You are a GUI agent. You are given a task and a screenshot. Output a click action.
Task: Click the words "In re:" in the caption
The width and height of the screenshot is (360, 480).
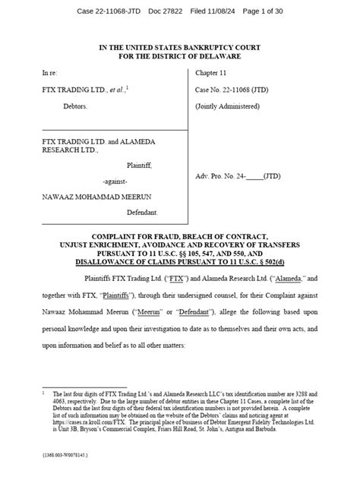[x=49, y=73]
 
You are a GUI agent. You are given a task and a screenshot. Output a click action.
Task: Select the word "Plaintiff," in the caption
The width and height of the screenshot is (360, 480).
[x=141, y=163]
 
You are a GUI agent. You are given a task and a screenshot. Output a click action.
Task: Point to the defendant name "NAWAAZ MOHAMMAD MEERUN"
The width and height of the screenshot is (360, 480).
[x=90, y=196]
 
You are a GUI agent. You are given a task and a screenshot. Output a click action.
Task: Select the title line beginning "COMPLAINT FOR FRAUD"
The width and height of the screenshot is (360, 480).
[x=179, y=237]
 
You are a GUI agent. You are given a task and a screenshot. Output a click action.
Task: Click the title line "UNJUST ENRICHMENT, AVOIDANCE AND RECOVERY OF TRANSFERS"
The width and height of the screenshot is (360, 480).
[x=179, y=245]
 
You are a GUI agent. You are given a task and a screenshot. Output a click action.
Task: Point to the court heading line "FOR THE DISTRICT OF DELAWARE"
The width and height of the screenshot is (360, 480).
[x=179, y=55]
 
